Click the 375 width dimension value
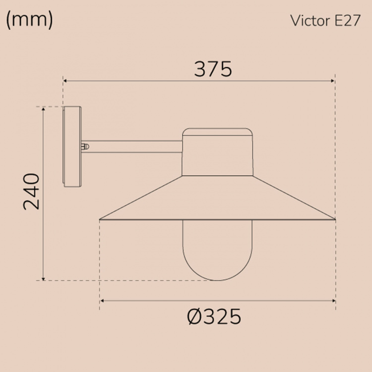(213, 69)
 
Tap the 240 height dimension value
(31, 191)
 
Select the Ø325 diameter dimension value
(214, 316)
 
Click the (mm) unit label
(29, 20)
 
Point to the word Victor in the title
(307, 21)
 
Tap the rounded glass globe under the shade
(217, 250)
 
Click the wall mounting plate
(72, 147)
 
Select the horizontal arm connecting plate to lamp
(134, 146)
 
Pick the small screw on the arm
(85, 146)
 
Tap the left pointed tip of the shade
(101, 218)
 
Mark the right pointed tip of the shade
(334, 218)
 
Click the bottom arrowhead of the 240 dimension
(44, 278)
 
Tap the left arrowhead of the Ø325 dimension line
(102, 300)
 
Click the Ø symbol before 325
(194, 316)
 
